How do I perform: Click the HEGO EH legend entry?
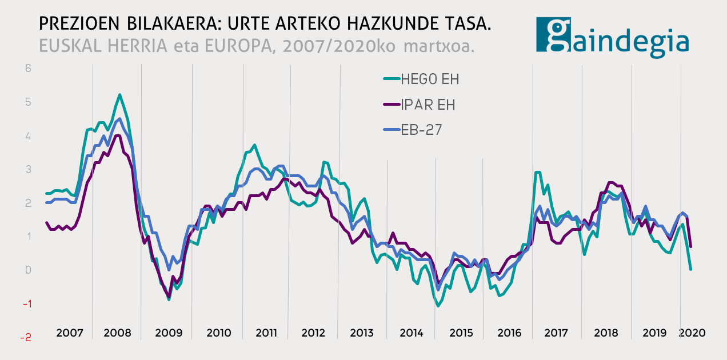tap(430, 79)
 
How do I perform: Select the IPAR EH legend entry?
tap(428, 105)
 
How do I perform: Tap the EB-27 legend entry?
tap(422, 130)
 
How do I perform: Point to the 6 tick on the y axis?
tap(28, 68)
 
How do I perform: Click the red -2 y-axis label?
tap(26, 337)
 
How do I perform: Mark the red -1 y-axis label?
tap(26, 303)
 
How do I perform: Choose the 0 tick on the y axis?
tap(28, 270)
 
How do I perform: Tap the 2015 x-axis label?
tap(460, 333)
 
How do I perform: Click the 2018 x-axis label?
tap(606, 333)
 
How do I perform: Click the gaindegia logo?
tap(612, 36)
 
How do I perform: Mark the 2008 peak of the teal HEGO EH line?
tap(119, 94)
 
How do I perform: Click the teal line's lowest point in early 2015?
tap(438, 306)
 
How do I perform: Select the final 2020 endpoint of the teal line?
tap(691, 269)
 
